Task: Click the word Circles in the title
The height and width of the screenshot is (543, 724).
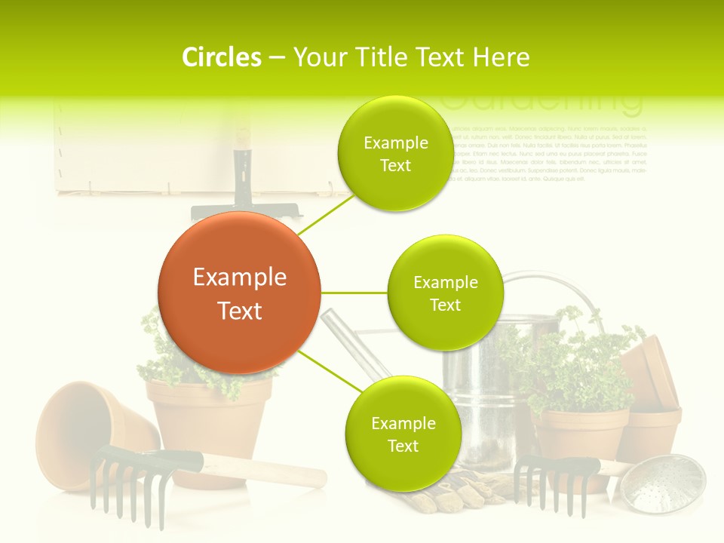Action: click(222, 57)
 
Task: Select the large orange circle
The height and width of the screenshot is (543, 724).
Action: click(239, 293)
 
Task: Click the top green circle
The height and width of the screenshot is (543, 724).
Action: click(395, 153)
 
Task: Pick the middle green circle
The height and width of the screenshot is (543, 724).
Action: click(445, 293)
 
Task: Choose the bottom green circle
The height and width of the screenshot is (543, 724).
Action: click(403, 434)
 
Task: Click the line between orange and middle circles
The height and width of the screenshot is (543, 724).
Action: click(354, 293)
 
